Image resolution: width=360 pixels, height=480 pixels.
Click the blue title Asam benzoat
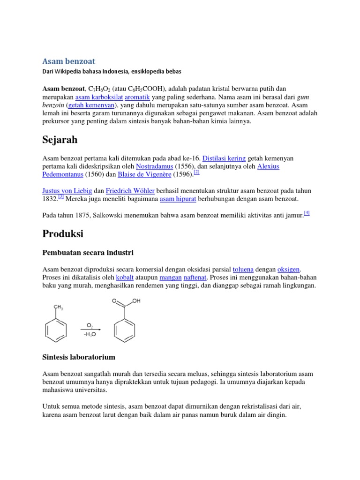click(x=68, y=61)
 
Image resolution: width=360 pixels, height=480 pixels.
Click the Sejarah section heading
click(x=60, y=140)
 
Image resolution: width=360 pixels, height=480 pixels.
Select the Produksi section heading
click(x=63, y=233)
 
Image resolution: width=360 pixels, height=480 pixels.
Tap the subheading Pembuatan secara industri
click(x=88, y=253)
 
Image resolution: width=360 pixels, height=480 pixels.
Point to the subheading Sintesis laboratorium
click(x=79, y=357)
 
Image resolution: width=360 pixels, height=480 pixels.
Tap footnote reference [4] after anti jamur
click(x=307, y=213)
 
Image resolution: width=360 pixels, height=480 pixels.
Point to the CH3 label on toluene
click(x=59, y=307)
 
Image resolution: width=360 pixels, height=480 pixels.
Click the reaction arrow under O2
click(x=90, y=330)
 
